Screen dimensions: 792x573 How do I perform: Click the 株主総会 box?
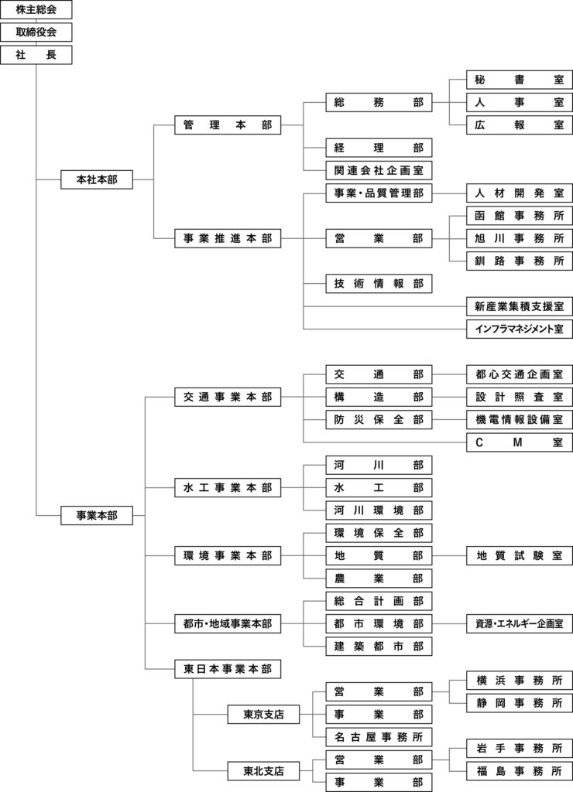click(36, 10)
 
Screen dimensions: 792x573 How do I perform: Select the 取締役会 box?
click(36, 32)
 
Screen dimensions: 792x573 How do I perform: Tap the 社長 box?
click(36, 55)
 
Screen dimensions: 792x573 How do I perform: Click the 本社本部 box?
click(97, 179)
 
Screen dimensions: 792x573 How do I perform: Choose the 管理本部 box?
click(228, 125)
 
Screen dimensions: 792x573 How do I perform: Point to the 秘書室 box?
click(520, 80)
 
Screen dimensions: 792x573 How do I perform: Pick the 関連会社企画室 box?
click(379, 170)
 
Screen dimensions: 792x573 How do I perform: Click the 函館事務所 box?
click(520, 215)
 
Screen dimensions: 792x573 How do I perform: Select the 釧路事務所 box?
click(520, 261)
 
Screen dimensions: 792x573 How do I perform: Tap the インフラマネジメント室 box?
click(520, 329)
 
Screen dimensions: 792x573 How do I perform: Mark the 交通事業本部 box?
click(228, 397)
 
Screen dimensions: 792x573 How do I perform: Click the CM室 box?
click(520, 442)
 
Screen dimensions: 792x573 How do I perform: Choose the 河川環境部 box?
click(379, 510)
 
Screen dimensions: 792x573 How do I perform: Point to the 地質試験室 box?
click(520, 555)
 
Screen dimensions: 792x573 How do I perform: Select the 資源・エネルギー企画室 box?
click(520, 623)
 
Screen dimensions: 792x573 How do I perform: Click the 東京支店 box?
click(263, 715)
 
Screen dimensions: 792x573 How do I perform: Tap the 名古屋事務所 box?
click(379, 737)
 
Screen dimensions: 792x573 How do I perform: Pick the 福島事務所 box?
click(520, 770)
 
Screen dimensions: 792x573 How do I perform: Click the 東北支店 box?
click(263, 771)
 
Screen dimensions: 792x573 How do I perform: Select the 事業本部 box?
click(97, 514)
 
